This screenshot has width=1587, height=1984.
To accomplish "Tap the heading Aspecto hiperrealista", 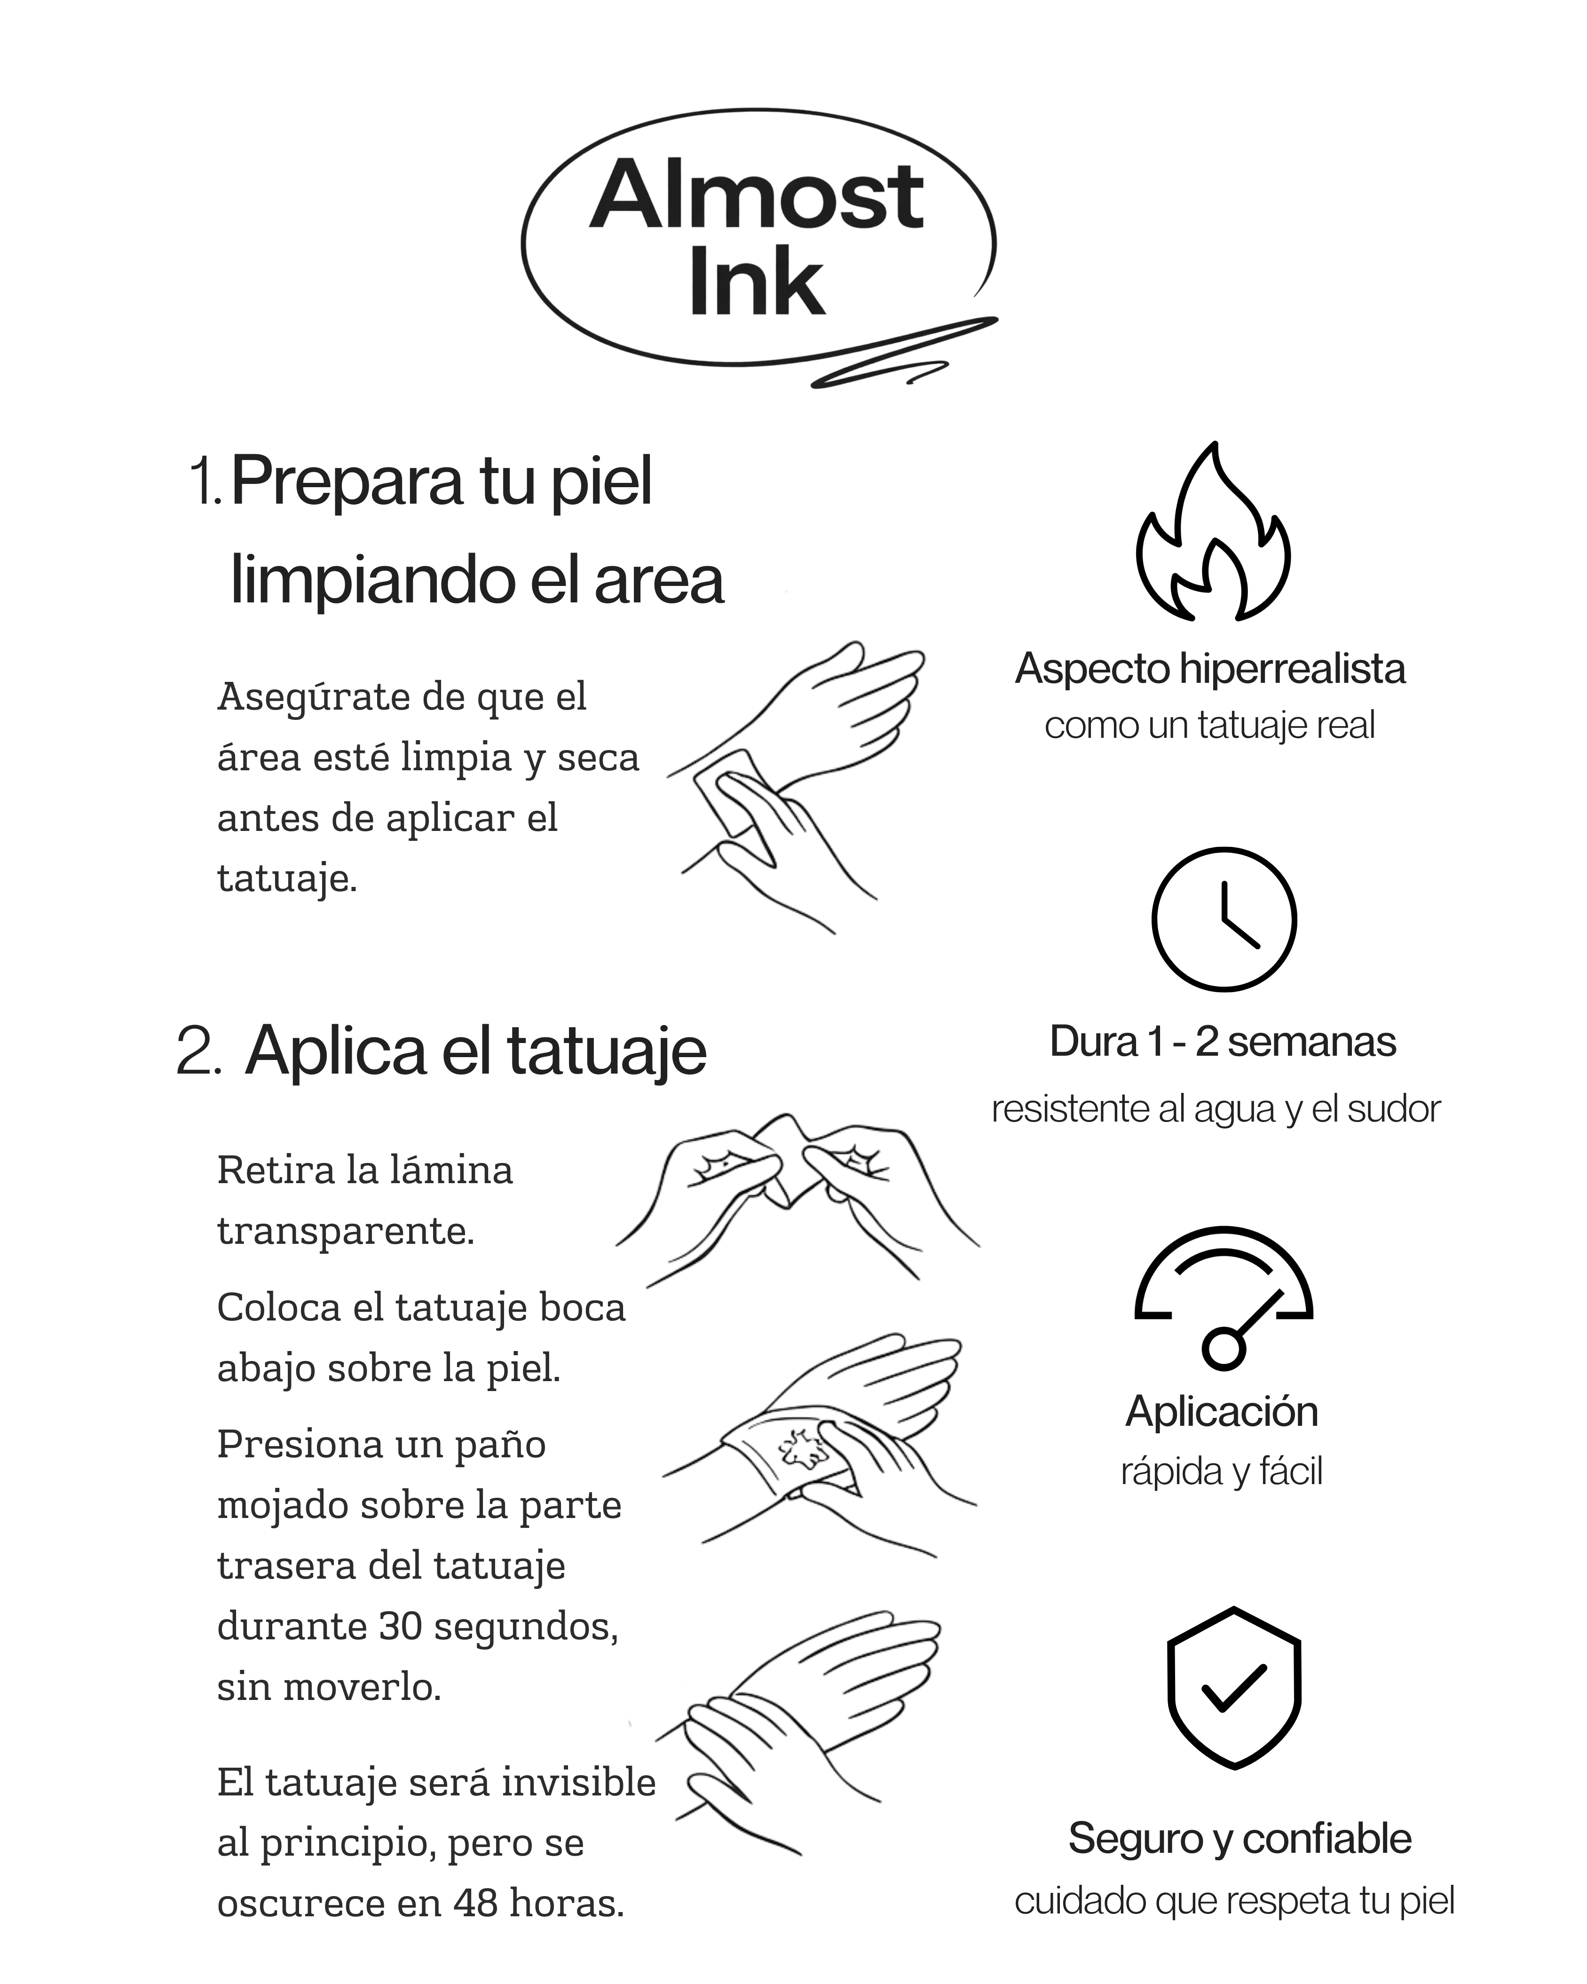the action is pos(1210,669).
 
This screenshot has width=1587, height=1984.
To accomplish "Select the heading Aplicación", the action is pos(1222,1411).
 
